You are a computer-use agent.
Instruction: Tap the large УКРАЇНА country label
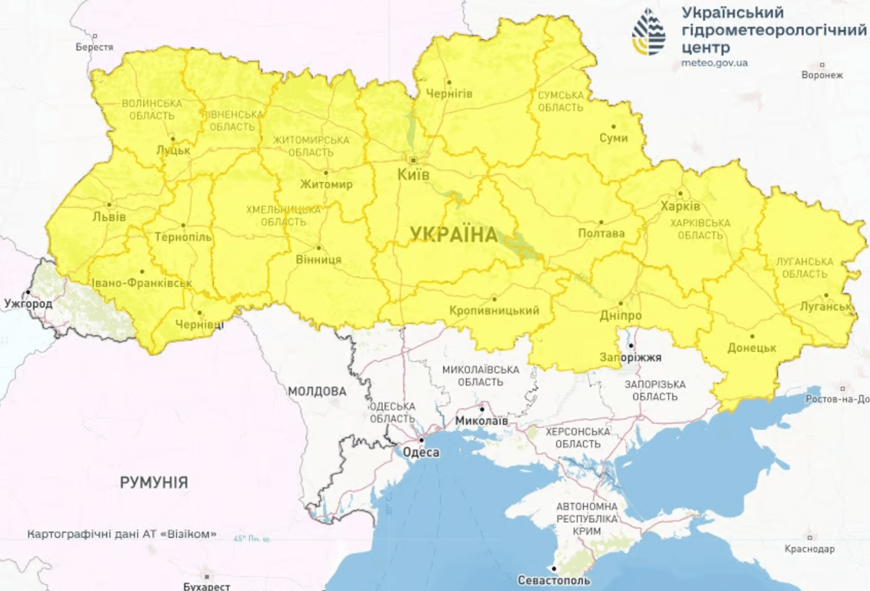pos(454,235)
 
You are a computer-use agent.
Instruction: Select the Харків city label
pos(681,206)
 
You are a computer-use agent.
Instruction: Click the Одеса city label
pos(421,452)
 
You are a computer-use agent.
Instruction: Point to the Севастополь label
pos(555,579)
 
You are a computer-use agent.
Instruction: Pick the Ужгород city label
pos(28,303)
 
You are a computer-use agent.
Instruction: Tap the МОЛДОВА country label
pos(317,391)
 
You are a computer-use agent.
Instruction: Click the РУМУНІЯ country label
pos(154,482)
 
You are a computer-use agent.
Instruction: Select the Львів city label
pos(108,217)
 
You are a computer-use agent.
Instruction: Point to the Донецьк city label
pos(752,348)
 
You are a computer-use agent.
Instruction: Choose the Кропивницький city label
pos(494,310)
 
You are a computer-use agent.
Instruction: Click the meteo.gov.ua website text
pos(715,62)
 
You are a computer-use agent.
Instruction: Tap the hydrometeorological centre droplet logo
pos(649,32)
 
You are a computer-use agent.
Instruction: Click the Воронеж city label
pos(822,75)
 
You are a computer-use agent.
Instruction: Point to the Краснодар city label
pos(809,549)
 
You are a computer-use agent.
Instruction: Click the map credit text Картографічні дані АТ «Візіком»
pos(122,533)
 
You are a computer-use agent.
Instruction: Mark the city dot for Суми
pos(613,126)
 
